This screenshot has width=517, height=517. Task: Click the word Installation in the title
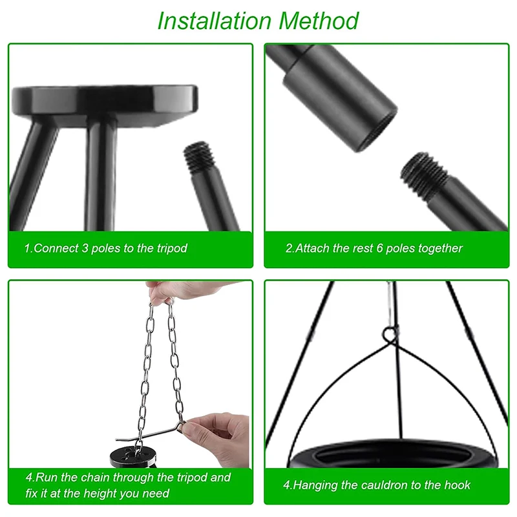coord(215,21)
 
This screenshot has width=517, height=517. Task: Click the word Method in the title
coord(319,21)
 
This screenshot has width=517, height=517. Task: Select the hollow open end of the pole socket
coord(377,129)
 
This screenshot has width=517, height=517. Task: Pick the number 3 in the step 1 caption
coord(85,248)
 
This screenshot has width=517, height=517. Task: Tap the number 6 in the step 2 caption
coord(379,248)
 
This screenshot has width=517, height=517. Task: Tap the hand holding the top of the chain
coord(185,290)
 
